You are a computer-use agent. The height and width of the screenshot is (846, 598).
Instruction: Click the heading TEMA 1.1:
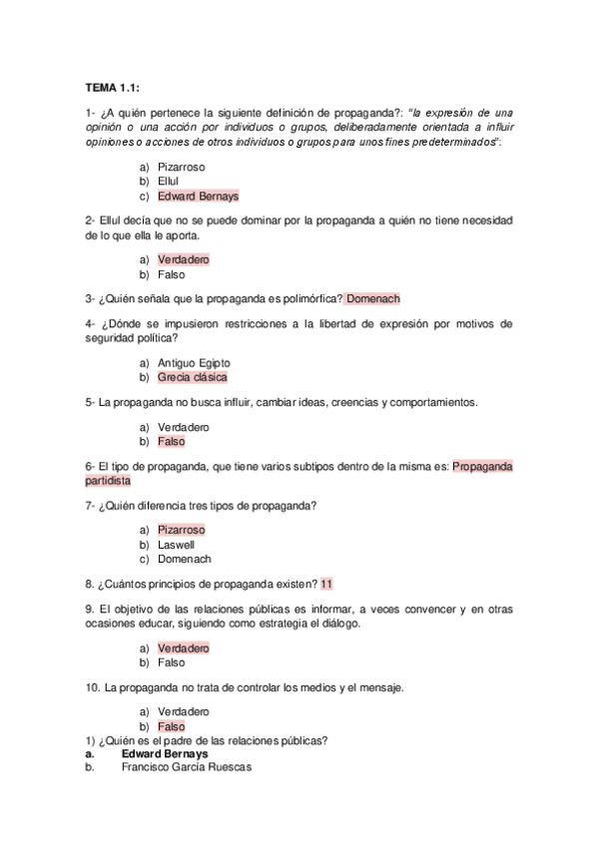112,88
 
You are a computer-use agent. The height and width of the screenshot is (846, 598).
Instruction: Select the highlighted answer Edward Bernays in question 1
198,197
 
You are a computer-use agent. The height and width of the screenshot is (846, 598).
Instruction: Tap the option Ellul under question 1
168,182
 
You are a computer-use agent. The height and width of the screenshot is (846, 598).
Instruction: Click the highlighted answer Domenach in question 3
373,298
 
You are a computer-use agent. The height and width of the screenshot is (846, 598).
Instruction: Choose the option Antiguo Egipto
194,362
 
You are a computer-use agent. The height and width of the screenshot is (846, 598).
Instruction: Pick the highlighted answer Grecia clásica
193,377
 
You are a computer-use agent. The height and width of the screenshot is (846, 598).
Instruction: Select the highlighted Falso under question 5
172,441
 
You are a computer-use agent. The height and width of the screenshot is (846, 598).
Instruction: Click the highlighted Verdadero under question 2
184,259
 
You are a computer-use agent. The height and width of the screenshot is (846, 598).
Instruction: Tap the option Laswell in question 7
176,545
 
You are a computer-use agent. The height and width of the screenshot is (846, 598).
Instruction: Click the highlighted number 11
327,584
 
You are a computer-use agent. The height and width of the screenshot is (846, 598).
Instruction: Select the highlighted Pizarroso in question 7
182,530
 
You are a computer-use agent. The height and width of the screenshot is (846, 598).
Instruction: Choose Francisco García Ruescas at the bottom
187,767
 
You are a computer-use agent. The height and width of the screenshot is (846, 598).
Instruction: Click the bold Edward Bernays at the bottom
165,753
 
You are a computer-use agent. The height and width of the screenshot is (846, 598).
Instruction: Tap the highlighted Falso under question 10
172,726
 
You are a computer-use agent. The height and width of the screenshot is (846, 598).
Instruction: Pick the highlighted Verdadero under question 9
184,647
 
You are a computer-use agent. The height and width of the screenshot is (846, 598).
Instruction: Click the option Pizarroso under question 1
182,167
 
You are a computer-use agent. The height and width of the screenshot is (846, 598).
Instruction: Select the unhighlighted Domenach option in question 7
185,560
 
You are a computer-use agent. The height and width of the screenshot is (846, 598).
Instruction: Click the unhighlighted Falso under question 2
172,274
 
